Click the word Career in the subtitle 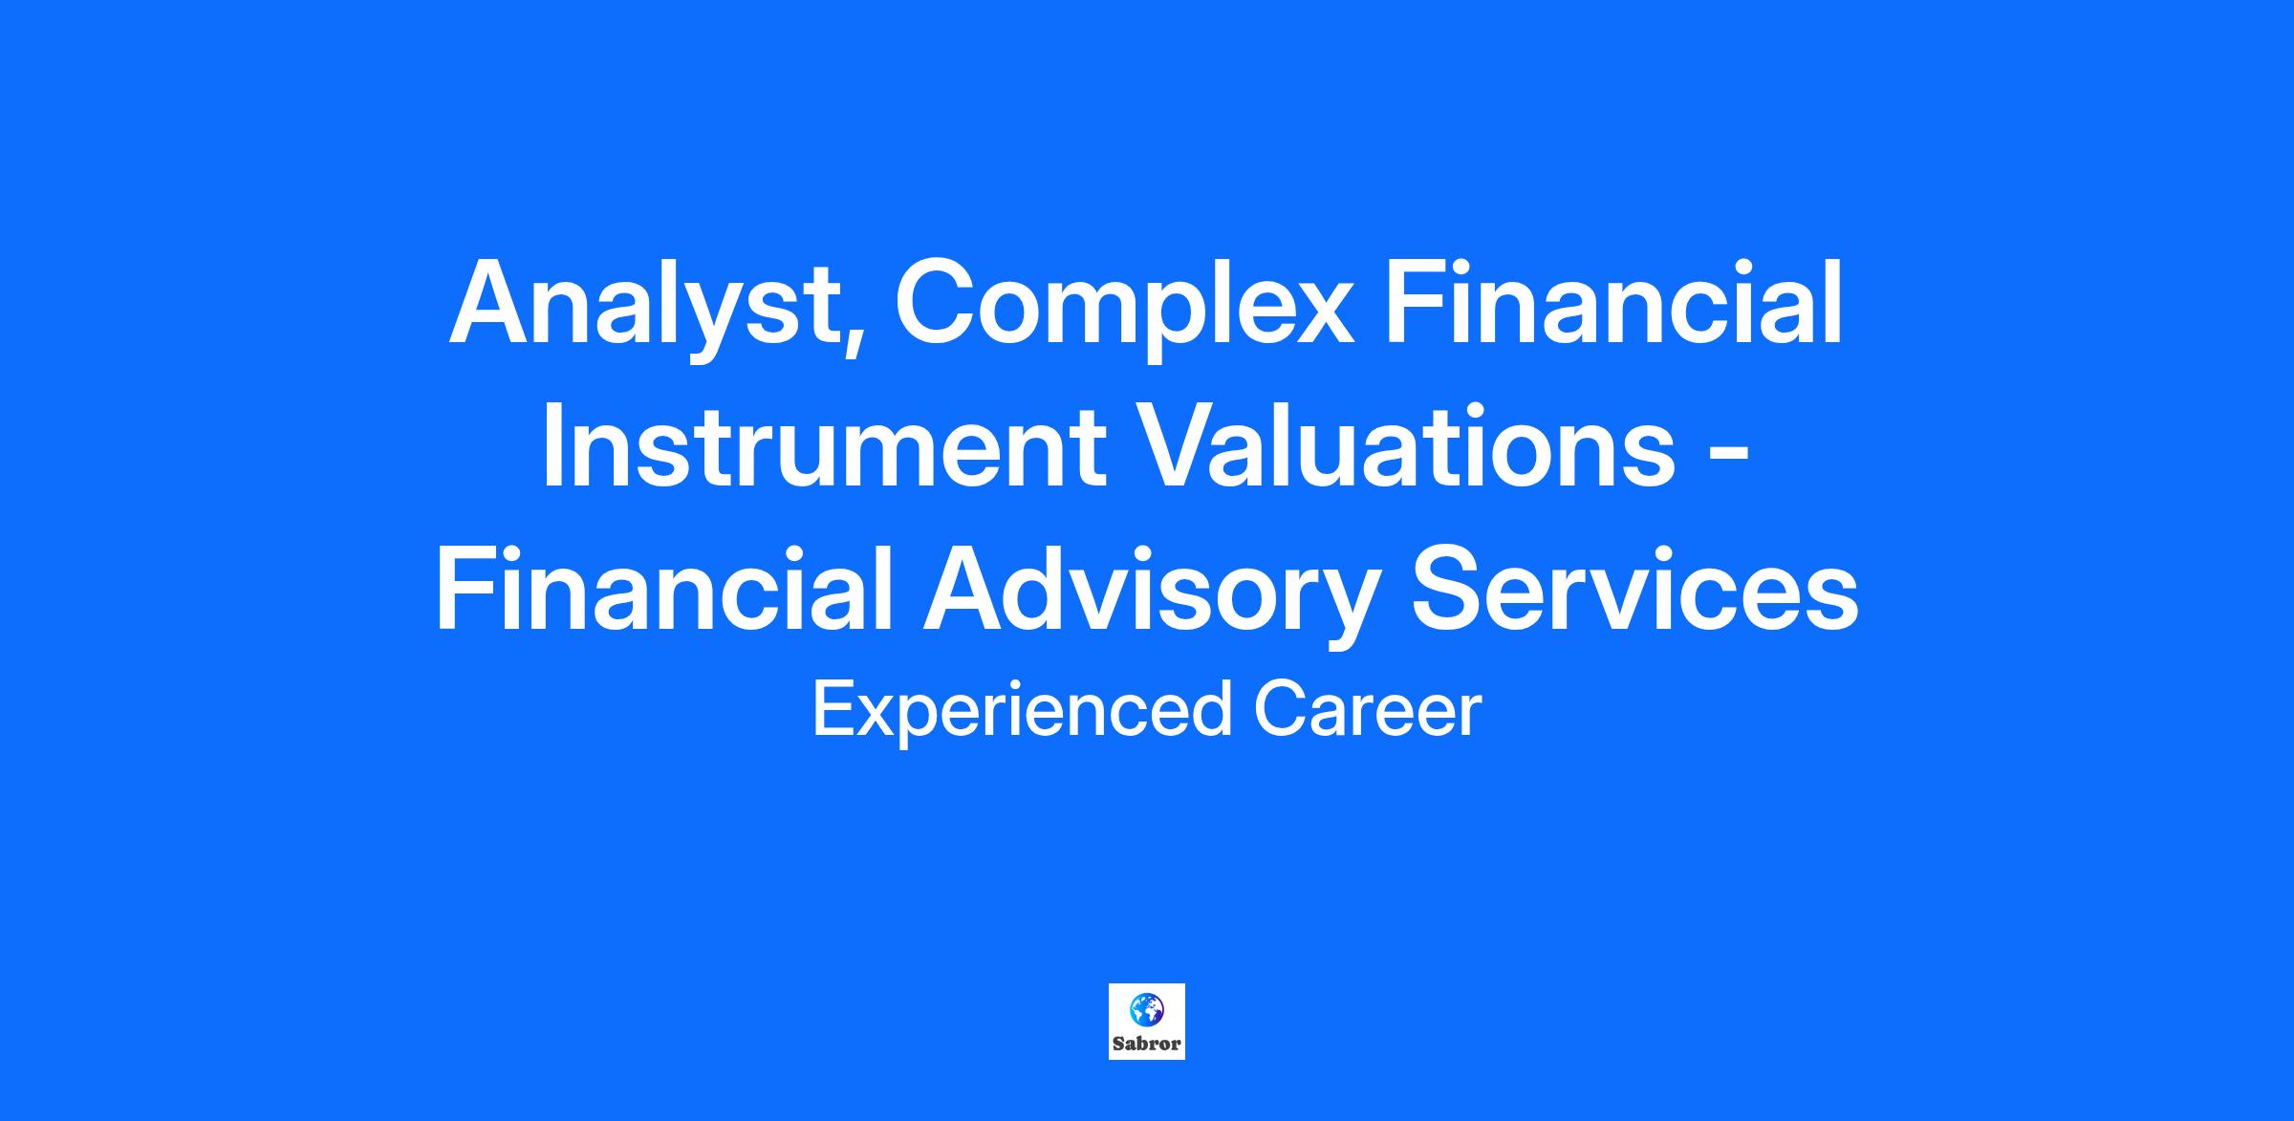pyautogui.click(x=1368, y=711)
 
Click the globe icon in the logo pyautogui.click(x=1147, y=1009)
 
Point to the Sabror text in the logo pyautogui.click(x=1147, y=1045)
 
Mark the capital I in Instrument pyautogui.click(x=552, y=445)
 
